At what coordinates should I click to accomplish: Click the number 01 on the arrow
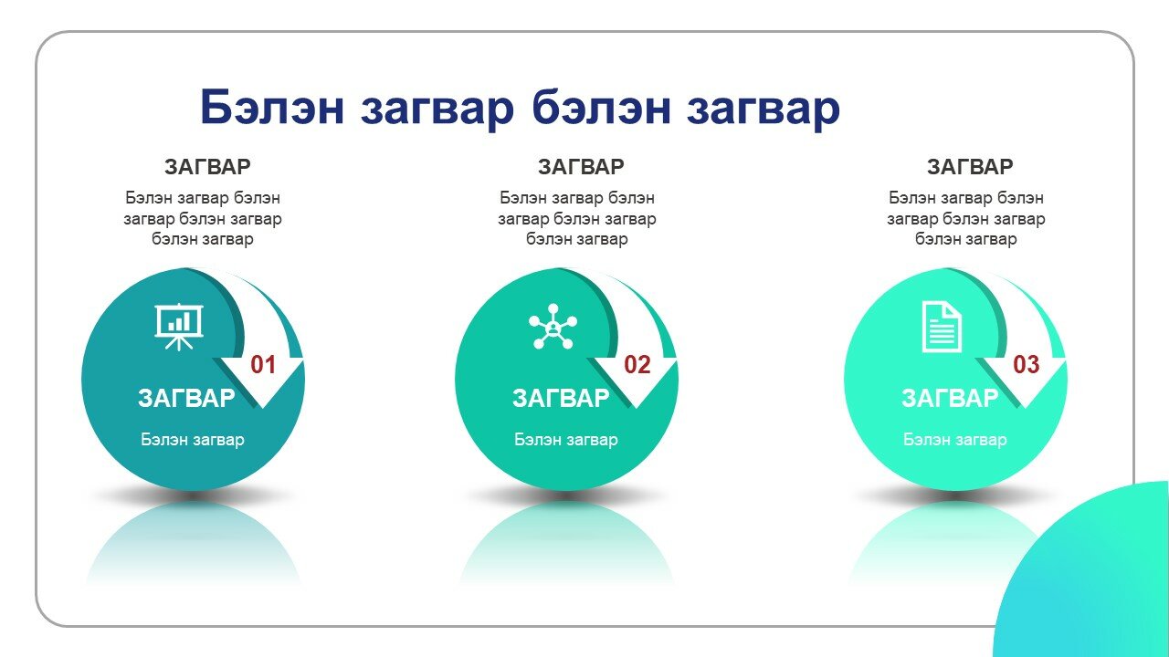263,364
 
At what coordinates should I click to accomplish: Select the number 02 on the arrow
637,364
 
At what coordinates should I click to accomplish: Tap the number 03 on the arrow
1026,364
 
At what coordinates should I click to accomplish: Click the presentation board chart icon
179,327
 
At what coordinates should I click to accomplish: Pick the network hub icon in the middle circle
553,327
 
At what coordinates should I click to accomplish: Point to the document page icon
942,327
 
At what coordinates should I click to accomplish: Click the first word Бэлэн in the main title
272,107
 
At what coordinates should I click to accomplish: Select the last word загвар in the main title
763,110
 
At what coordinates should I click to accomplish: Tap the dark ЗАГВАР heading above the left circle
207,167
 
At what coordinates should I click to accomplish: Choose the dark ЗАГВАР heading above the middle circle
581,167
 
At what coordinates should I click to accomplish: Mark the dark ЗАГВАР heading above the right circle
970,167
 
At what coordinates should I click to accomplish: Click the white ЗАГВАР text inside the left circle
186,399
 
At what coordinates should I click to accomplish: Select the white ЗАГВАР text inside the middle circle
561,399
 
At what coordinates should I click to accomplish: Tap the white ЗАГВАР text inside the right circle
950,399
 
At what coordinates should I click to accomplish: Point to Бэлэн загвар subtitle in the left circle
193,440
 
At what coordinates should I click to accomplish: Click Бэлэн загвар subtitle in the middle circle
566,440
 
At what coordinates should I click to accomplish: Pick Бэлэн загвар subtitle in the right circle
955,440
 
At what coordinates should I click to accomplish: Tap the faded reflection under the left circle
193,542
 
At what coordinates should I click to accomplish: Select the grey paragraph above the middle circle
576,218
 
